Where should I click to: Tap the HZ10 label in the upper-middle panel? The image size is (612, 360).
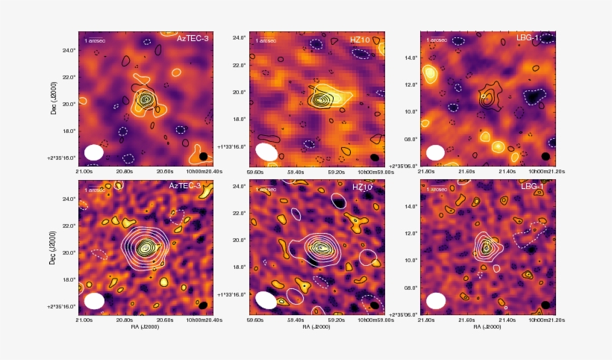(360, 39)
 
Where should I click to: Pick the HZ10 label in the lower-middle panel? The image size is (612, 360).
(363, 186)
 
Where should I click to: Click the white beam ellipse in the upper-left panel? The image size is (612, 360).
(94, 152)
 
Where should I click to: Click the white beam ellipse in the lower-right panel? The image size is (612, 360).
(435, 301)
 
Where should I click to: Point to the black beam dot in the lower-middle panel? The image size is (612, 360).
(375, 305)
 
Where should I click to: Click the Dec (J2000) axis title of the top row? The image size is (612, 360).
(54, 97)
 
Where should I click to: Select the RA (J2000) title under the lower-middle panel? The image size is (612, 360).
(317, 326)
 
